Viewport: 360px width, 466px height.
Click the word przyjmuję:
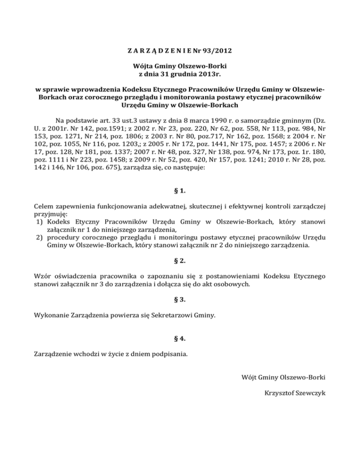coord(50,214)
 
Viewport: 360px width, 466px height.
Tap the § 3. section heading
coord(180,299)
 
